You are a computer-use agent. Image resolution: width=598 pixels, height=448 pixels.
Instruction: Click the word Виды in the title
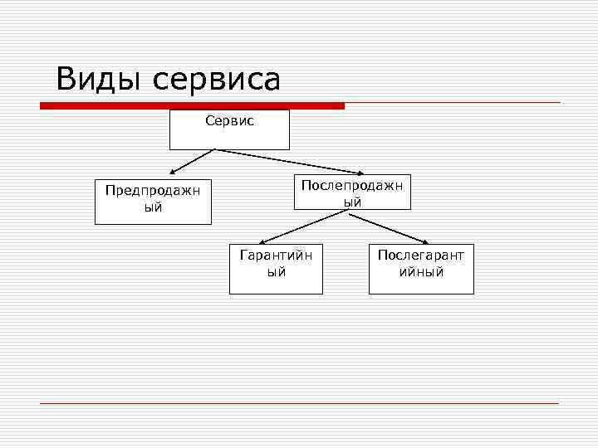tap(97, 80)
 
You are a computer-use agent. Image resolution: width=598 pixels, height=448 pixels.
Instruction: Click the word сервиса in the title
tap(215, 81)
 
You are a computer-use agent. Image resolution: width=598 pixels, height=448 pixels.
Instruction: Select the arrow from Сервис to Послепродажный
tap(287, 162)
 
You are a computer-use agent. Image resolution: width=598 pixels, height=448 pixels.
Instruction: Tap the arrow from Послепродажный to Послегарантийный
tap(390, 227)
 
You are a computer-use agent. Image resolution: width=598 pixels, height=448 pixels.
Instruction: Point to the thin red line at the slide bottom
tap(299, 403)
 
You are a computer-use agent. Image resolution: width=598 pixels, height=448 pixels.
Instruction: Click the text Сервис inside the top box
tap(229, 121)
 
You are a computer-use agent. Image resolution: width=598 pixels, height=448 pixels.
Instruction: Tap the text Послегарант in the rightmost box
tap(421, 255)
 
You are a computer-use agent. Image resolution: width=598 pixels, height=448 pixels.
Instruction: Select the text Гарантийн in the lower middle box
tap(276, 255)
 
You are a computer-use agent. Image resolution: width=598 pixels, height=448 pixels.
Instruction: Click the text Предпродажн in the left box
tap(153, 190)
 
